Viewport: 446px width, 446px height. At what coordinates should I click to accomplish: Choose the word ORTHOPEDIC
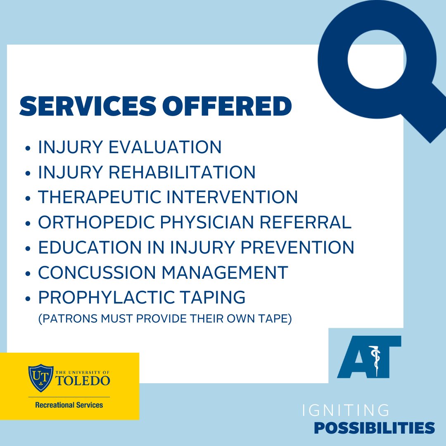(x=97, y=223)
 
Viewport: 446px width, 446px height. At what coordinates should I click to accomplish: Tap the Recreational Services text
(x=69, y=405)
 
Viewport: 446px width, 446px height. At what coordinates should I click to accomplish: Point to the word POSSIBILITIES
(x=374, y=427)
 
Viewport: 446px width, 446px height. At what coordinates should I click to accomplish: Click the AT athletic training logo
(x=369, y=357)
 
